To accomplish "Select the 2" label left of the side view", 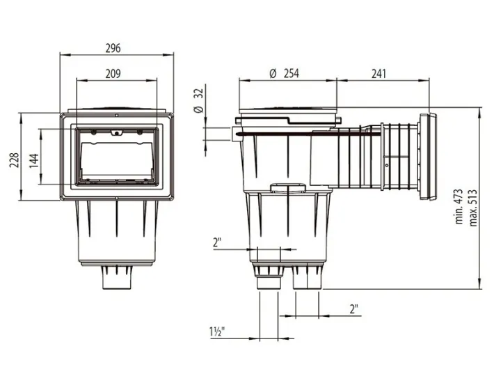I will (x=218, y=243).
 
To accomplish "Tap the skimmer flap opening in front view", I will (x=115, y=160).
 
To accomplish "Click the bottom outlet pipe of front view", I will (x=115, y=278).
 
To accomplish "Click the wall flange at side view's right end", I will (x=427, y=161).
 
